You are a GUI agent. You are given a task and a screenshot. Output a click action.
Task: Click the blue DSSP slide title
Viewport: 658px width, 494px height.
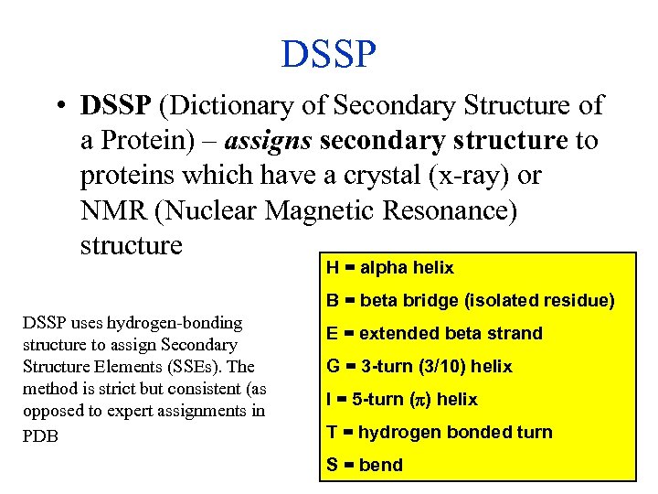click(329, 54)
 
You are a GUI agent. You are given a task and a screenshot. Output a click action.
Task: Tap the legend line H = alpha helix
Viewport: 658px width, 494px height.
click(390, 268)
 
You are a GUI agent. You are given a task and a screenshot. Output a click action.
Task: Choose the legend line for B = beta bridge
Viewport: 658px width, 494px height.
click(470, 300)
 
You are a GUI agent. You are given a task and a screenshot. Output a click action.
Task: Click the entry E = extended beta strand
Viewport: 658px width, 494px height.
click(434, 333)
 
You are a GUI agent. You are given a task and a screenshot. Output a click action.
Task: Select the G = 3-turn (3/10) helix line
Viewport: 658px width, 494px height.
click(419, 366)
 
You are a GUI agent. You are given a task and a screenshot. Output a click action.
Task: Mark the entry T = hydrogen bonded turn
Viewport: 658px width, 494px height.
click(440, 432)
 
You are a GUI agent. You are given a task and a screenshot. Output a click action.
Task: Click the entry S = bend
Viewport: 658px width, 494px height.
click(365, 465)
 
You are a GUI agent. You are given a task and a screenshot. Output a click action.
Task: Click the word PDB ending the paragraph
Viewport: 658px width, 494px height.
click(40, 435)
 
